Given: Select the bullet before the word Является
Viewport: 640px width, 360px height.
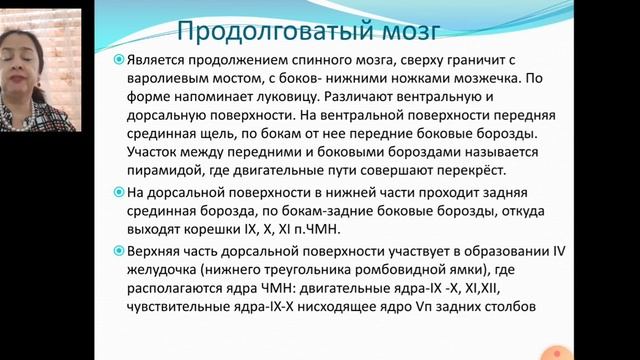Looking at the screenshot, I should pos(118,61).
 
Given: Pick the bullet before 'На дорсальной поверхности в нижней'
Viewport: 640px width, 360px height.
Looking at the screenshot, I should pos(118,191).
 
